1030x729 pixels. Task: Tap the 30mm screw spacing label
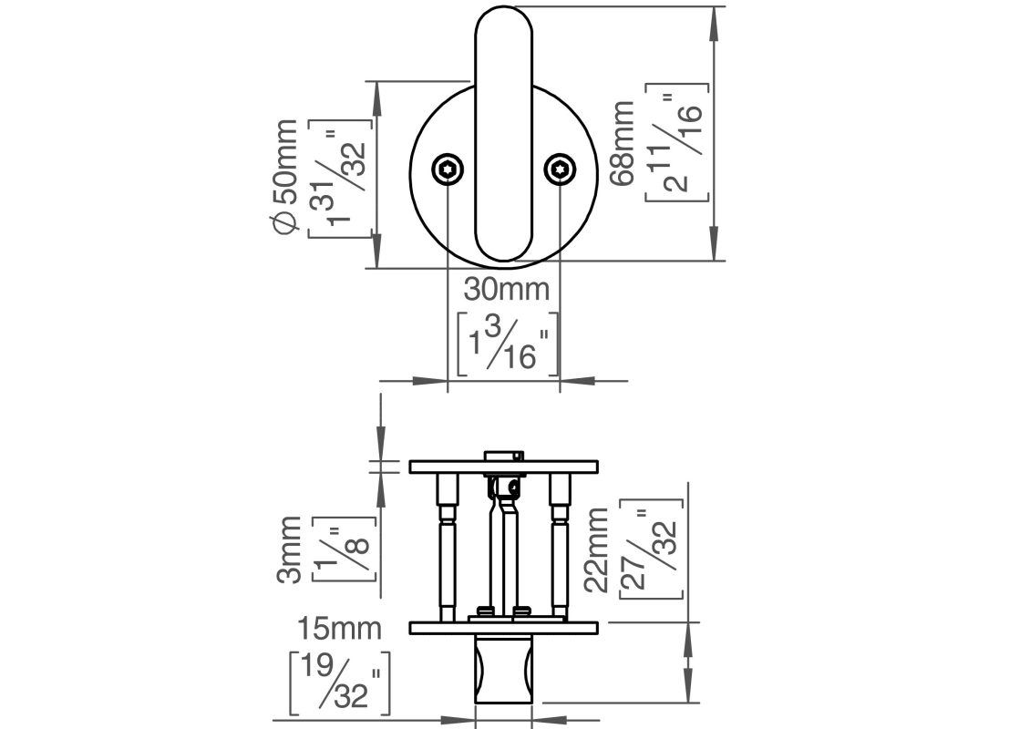point(507,290)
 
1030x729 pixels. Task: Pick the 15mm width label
point(338,628)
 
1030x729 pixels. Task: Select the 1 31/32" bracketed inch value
point(343,177)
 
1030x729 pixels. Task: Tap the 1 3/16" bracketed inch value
point(507,344)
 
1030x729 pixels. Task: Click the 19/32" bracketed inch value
point(340,682)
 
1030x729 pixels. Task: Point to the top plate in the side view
point(503,467)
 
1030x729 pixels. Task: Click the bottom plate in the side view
point(503,627)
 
